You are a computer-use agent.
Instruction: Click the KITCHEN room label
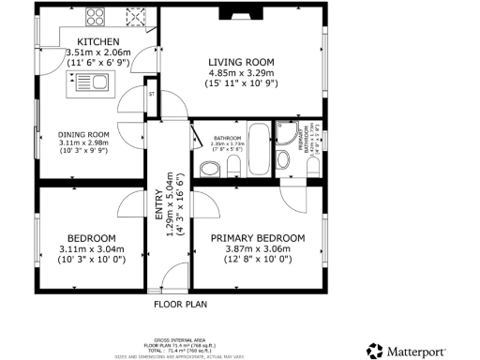point(97,42)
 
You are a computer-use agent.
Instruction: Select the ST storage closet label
point(152,94)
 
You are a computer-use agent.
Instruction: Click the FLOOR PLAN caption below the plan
point(180,304)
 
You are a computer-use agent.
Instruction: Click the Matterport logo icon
point(375,351)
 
